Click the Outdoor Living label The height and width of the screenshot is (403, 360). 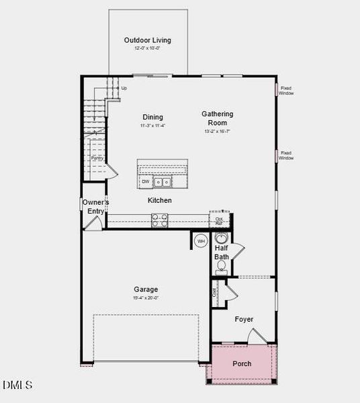148,40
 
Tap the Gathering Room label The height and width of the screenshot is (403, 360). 218,118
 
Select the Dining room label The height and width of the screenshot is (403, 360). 152,118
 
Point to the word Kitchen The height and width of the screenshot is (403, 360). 160,200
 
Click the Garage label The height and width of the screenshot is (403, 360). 145,289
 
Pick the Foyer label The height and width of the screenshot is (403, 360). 244,319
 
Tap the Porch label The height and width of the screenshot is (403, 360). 242,364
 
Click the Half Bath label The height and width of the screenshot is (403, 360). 222,253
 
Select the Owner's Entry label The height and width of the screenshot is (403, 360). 96,207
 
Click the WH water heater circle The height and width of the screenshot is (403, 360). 200,241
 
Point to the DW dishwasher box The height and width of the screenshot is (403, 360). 145,182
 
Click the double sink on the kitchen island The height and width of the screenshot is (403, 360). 162,182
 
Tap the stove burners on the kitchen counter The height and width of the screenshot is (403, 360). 160,220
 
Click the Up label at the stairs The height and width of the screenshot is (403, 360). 124,88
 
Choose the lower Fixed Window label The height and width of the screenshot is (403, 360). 287,155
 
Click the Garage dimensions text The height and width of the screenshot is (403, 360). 145,298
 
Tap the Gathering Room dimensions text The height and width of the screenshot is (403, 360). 218,132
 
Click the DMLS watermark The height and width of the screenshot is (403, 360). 17,385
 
